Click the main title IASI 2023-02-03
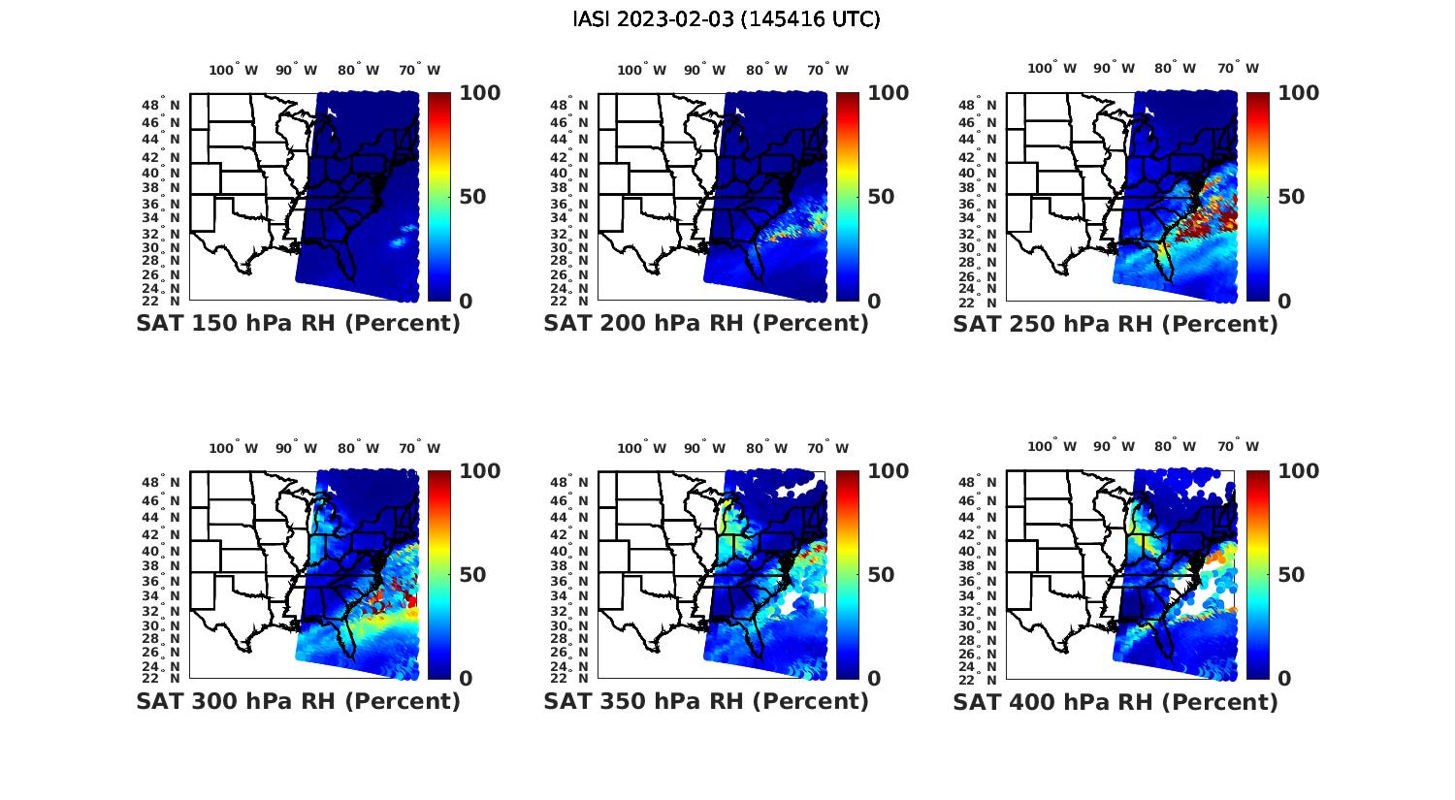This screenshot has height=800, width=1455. coord(727,19)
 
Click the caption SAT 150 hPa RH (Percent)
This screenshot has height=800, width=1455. coord(298,324)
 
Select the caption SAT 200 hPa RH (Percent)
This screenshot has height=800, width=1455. coord(706,324)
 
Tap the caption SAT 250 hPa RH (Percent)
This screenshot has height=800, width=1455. coord(1115,324)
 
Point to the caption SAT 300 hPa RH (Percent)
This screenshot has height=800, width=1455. coord(298,701)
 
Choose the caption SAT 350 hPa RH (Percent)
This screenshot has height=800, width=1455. coord(706,701)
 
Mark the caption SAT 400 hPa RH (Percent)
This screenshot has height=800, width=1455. coord(1115,701)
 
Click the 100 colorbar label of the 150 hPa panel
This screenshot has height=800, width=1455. coord(480,93)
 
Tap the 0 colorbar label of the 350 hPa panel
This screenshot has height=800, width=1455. coord(874,679)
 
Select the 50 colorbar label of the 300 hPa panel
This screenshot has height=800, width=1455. coord(472,575)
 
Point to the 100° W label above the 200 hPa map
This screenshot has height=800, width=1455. coord(642,70)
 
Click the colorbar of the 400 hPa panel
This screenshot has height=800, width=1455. coord(1257,574)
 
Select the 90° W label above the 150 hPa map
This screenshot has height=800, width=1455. coord(296,70)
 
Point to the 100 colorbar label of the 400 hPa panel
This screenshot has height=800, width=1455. coord(1299,471)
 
